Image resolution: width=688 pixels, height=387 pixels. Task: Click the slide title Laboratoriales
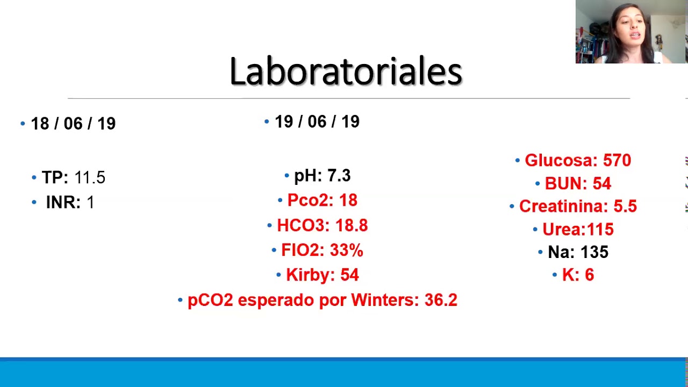tap(346, 71)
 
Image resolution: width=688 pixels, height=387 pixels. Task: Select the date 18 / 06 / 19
tap(73, 124)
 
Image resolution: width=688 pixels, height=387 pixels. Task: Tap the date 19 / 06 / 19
tap(317, 122)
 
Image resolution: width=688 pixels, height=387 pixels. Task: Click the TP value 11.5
tap(90, 177)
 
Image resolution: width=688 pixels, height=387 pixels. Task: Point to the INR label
tap(63, 202)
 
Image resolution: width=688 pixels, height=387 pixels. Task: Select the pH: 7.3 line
tap(322, 176)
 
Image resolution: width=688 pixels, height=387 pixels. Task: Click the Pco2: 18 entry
tap(322, 200)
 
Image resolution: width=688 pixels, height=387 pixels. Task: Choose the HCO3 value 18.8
tap(352, 225)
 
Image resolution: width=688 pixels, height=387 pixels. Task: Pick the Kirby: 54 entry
tap(322, 275)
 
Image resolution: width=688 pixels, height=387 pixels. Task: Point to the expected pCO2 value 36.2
tap(441, 300)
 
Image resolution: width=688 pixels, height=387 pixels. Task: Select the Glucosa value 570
tap(617, 160)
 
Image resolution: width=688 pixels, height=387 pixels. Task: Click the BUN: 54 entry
tap(578, 183)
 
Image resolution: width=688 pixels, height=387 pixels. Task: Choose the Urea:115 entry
tap(578, 230)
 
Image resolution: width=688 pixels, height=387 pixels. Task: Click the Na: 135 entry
tap(578, 252)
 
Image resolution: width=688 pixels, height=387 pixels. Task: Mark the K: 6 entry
tap(578, 275)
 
